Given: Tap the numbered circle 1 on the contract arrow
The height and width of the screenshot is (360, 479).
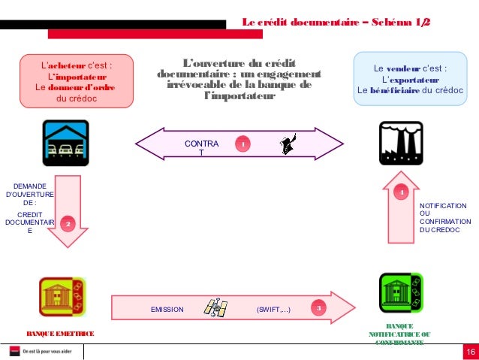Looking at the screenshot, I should (x=243, y=144).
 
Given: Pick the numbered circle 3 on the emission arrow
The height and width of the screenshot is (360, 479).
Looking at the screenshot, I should (x=318, y=308).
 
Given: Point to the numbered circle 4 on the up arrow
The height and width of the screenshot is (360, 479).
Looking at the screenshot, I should (x=402, y=194).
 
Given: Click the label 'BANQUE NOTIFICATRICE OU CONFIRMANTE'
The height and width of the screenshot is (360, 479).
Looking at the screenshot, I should (x=399, y=334).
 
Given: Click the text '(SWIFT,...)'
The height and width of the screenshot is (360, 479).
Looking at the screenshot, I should (x=273, y=309).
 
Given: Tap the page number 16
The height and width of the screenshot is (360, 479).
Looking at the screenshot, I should (x=470, y=353).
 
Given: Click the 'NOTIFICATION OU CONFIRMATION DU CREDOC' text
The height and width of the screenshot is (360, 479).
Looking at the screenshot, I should (x=444, y=217).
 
